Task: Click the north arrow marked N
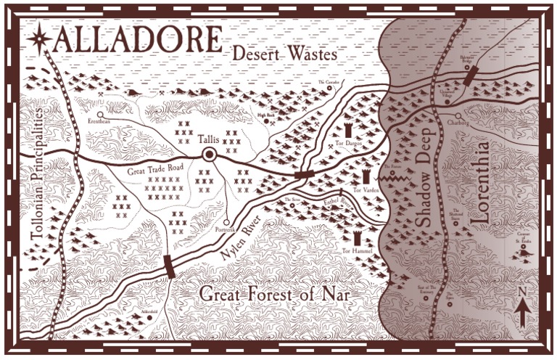coord(521,309)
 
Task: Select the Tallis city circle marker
coord(210,154)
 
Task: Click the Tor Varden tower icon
coord(366,176)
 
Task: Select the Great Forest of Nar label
coord(275,295)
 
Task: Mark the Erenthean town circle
coord(101,114)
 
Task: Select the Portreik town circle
coord(226,222)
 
